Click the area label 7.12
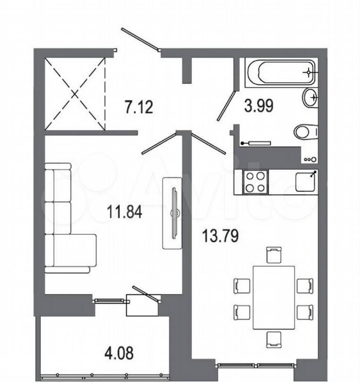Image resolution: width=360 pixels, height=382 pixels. pyautogui.click(x=139, y=107)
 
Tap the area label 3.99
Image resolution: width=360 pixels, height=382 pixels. pyautogui.click(x=259, y=106)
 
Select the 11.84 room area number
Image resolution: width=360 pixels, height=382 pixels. pyautogui.click(x=124, y=211)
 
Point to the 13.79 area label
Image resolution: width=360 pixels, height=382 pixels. pyautogui.click(x=221, y=236)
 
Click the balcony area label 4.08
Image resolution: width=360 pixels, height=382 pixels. pyautogui.click(x=119, y=353)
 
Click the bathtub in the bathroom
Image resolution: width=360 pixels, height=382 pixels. pyautogui.click(x=281, y=73)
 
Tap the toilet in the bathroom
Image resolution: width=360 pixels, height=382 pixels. pyautogui.click(x=306, y=132)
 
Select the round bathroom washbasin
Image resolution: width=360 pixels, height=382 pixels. pyautogui.click(x=310, y=98)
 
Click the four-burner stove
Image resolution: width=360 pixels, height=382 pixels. pyautogui.click(x=255, y=182)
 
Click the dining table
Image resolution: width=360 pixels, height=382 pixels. pyautogui.click(x=274, y=298)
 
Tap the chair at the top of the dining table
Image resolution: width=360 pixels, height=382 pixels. pyautogui.click(x=274, y=255)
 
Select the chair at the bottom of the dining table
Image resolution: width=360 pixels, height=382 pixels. pyautogui.click(x=274, y=340)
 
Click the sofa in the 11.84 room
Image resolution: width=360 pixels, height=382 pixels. pyautogui.click(x=69, y=218)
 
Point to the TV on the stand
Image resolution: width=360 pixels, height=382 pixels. pyautogui.click(x=175, y=213)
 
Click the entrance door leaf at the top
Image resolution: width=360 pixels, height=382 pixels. pyautogui.click(x=141, y=40)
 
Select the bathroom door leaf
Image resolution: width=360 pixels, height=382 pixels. pyautogui.click(x=226, y=106)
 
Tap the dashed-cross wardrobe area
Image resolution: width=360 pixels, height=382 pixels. pyautogui.click(x=75, y=94)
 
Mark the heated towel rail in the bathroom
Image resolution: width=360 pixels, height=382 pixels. pyautogui.click(x=256, y=143)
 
